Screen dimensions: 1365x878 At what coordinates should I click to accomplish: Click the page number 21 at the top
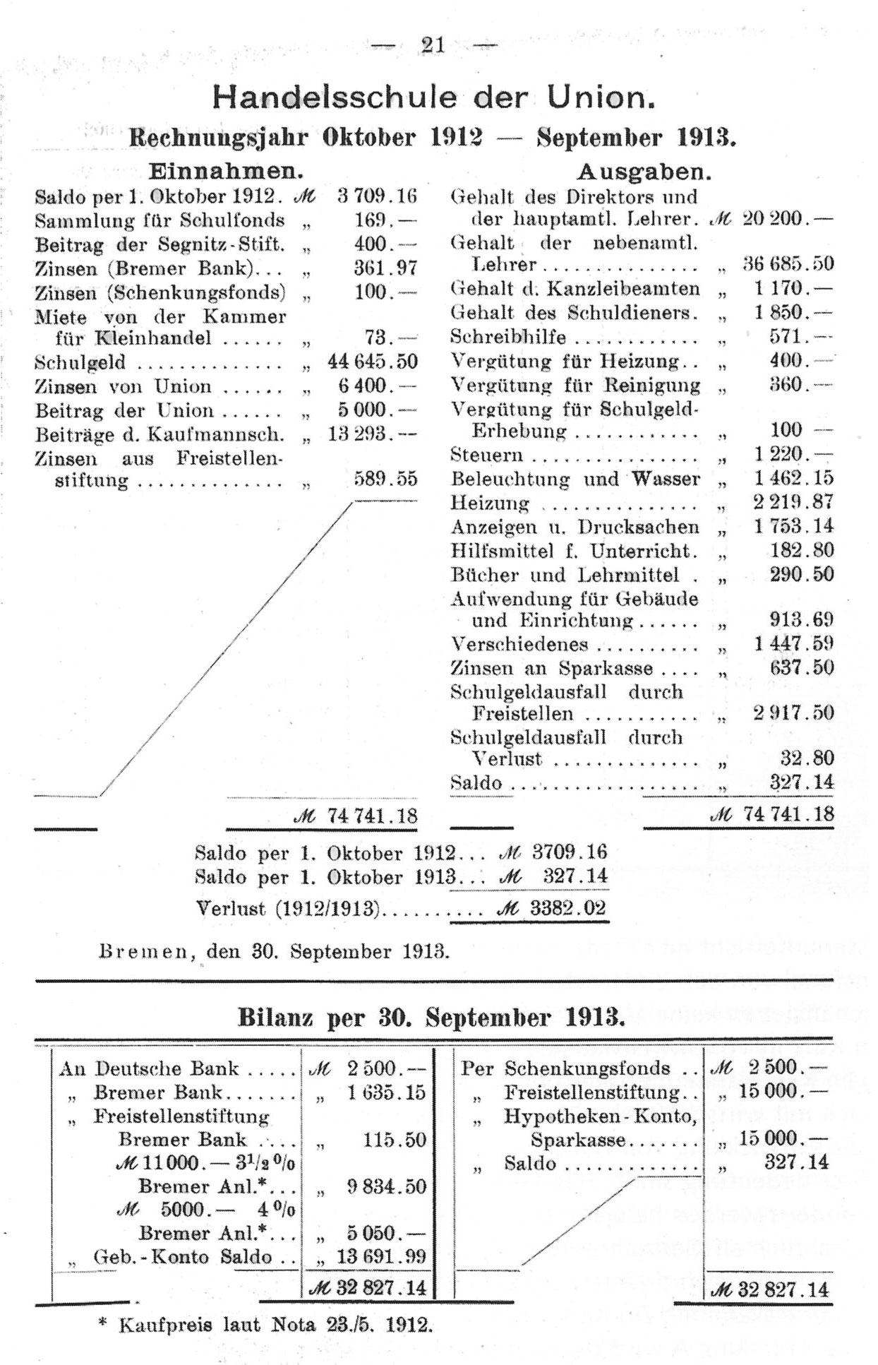click(433, 45)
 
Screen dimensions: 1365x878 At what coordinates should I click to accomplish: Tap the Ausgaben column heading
click(644, 172)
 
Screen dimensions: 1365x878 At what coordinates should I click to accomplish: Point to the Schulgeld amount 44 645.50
click(373, 362)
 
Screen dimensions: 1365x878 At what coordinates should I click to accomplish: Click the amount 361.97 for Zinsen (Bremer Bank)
click(387, 268)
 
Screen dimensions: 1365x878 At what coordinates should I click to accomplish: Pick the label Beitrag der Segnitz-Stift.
click(160, 244)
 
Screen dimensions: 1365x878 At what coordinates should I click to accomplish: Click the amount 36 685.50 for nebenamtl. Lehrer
click(788, 264)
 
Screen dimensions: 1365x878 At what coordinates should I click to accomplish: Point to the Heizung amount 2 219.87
click(793, 502)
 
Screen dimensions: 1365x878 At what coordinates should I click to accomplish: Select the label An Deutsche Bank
click(150, 1068)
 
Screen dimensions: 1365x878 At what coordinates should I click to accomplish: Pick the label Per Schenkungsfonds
click(566, 1068)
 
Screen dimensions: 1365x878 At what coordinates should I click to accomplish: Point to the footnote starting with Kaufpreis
click(275, 1324)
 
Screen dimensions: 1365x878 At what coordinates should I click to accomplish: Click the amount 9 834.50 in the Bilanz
click(386, 1186)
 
